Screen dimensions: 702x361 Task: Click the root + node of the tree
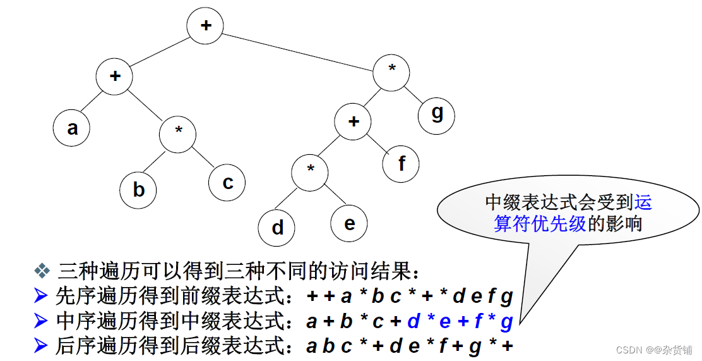coord(205,26)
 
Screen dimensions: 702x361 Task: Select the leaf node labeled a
coord(72,128)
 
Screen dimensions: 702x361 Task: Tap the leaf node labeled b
coord(139,190)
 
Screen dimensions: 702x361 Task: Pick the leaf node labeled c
coord(227,183)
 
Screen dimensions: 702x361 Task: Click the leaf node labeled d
coord(277,228)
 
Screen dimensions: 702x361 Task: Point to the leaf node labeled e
coord(349,224)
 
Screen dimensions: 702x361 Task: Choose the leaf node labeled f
coord(402,164)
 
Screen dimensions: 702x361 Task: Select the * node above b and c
coord(178,132)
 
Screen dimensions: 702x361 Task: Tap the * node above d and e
coord(311,169)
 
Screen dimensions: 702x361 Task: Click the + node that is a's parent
coord(114,76)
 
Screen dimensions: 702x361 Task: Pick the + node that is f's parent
coord(353,121)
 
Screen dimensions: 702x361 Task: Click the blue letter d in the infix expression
coord(413,322)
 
